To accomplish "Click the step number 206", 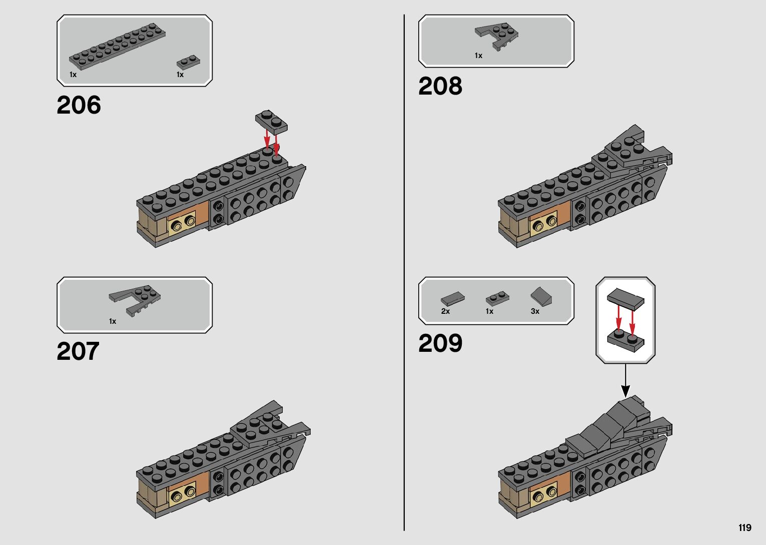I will (x=79, y=105).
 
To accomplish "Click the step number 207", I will (x=78, y=351).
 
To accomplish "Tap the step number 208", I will (x=440, y=86).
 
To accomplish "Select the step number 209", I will (x=440, y=343).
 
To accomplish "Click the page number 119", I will (x=744, y=527).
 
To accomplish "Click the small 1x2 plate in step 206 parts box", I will (x=188, y=62).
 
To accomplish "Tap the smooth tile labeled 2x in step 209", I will (x=452, y=299).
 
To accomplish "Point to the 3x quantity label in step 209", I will (x=535, y=311).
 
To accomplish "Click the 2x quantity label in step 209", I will (x=445, y=311).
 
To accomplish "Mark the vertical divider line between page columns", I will (x=404, y=273).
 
